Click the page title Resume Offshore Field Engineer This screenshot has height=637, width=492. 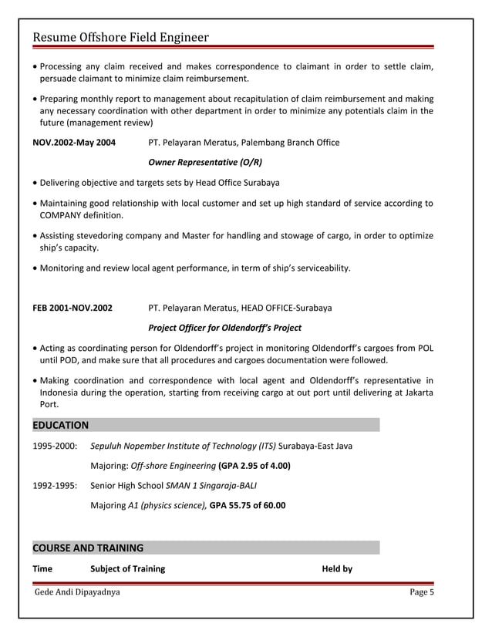[120, 38]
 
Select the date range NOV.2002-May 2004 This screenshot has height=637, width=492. [74, 143]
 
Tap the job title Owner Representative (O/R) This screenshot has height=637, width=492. [204, 163]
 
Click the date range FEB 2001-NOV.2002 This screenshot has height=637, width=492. [72, 308]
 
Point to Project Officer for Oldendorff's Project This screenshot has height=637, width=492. [224, 328]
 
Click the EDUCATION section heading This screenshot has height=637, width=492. [60, 425]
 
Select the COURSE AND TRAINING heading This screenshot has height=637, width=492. [88, 548]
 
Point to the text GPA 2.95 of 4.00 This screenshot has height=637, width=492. [254, 466]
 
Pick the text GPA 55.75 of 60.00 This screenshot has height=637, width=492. [248, 506]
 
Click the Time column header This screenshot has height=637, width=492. [42, 569]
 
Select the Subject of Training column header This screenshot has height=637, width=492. [128, 569]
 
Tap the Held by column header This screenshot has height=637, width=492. [337, 569]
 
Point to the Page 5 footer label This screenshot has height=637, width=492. [422, 592]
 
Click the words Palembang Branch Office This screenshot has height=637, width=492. [290, 143]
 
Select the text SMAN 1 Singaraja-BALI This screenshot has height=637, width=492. [212, 486]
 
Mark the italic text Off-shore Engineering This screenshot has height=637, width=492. [174, 466]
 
